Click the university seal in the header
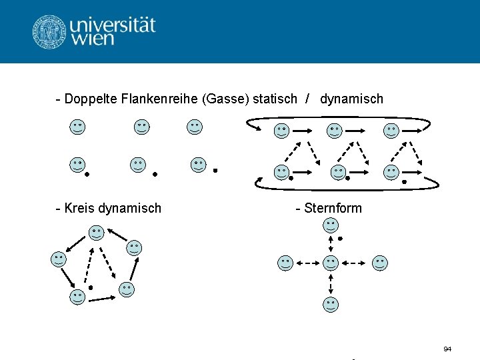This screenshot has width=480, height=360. (49, 31)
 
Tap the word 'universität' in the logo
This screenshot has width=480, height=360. (112, 25)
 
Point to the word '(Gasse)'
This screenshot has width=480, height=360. (224, 99)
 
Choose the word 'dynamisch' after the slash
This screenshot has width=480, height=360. (351, 99)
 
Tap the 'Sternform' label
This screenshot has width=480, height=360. (332, 208)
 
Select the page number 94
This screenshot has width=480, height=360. (447, 349)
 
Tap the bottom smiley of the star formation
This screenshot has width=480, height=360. (331, 305)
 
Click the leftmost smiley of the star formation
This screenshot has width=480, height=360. (285, 263)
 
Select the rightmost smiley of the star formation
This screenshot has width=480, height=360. (380, 263)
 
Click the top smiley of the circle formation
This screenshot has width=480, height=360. (97, 233)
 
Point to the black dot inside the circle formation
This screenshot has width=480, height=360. (91, 288)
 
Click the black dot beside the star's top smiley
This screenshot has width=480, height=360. (340, 238)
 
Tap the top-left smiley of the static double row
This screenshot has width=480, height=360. (78, 127)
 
